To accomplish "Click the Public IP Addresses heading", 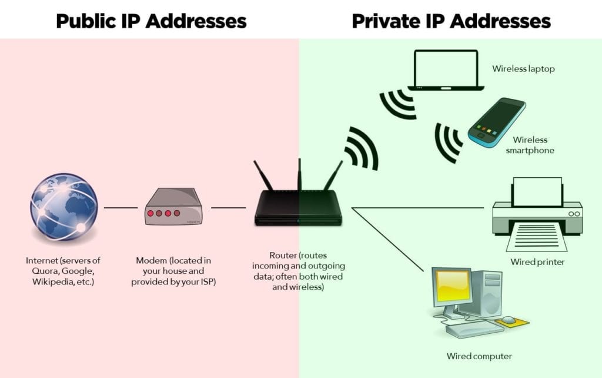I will pos(150,21).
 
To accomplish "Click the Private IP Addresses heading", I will pos(451,21).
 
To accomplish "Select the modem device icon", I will pos(173,207).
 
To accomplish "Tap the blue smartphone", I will pos(497,122).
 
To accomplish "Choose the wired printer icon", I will pos(537,214).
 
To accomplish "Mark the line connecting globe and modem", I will pos(121,208).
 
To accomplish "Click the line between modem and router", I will pos(228,208).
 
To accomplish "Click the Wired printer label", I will pos(537,262).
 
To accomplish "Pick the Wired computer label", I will pos(479,356).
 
